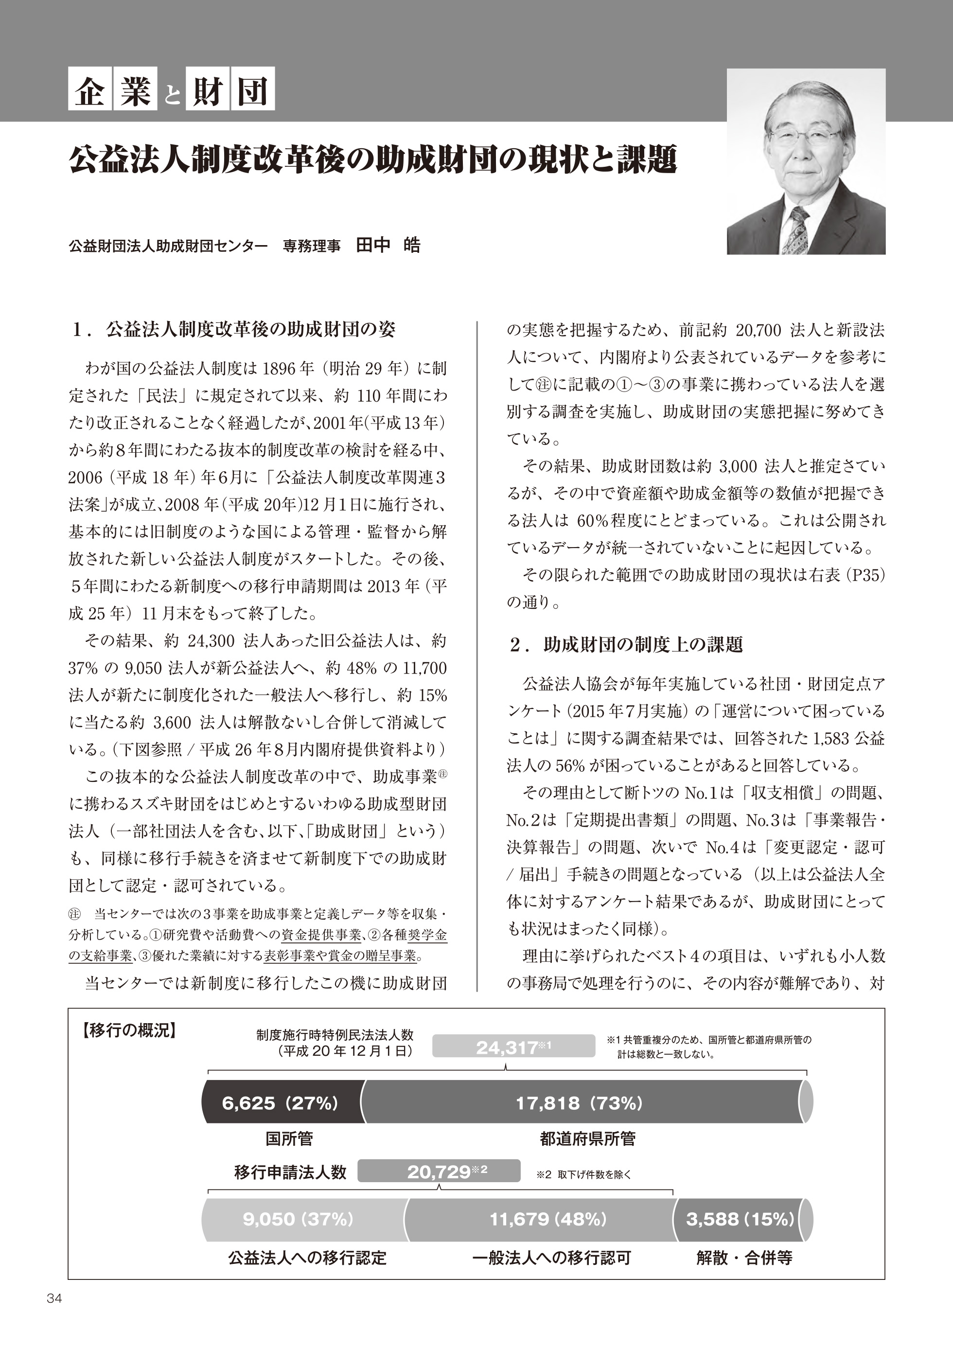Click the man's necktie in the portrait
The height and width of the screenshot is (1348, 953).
click(800, 229)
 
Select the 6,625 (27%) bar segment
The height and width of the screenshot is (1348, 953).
click(280, 1103)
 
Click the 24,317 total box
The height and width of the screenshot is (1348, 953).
click(514, 1047)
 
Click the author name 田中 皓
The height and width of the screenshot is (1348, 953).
click(388, 246)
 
